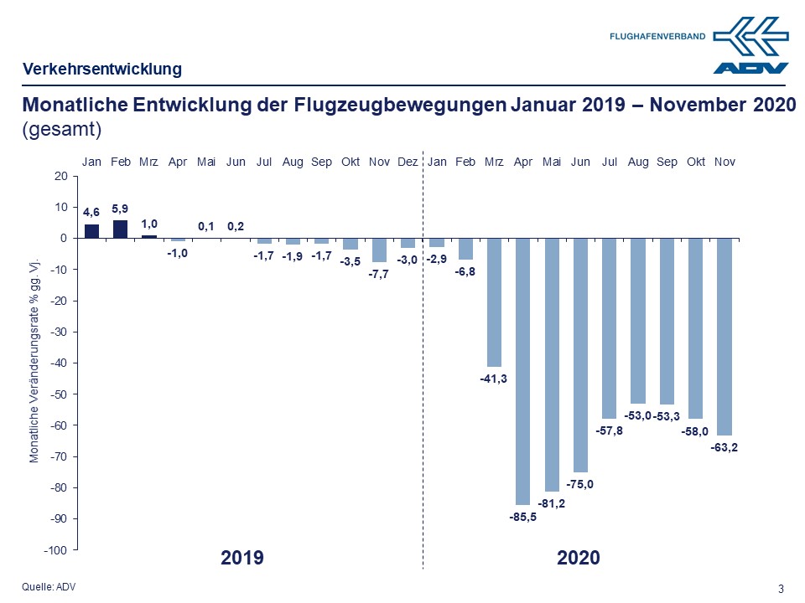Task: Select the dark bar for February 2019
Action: point(121,229)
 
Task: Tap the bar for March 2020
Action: point(495,302)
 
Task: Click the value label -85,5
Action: point(523,517)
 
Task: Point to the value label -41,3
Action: point(494,379)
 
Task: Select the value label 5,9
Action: point(121,208)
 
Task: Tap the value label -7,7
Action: point(379,275)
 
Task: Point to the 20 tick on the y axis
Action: point(60,176)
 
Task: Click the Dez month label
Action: point(408,162)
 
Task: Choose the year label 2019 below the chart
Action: point(242,558)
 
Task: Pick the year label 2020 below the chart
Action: point(579,558)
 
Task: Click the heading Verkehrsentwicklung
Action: point(102,69)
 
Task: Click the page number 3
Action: point(782,588)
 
